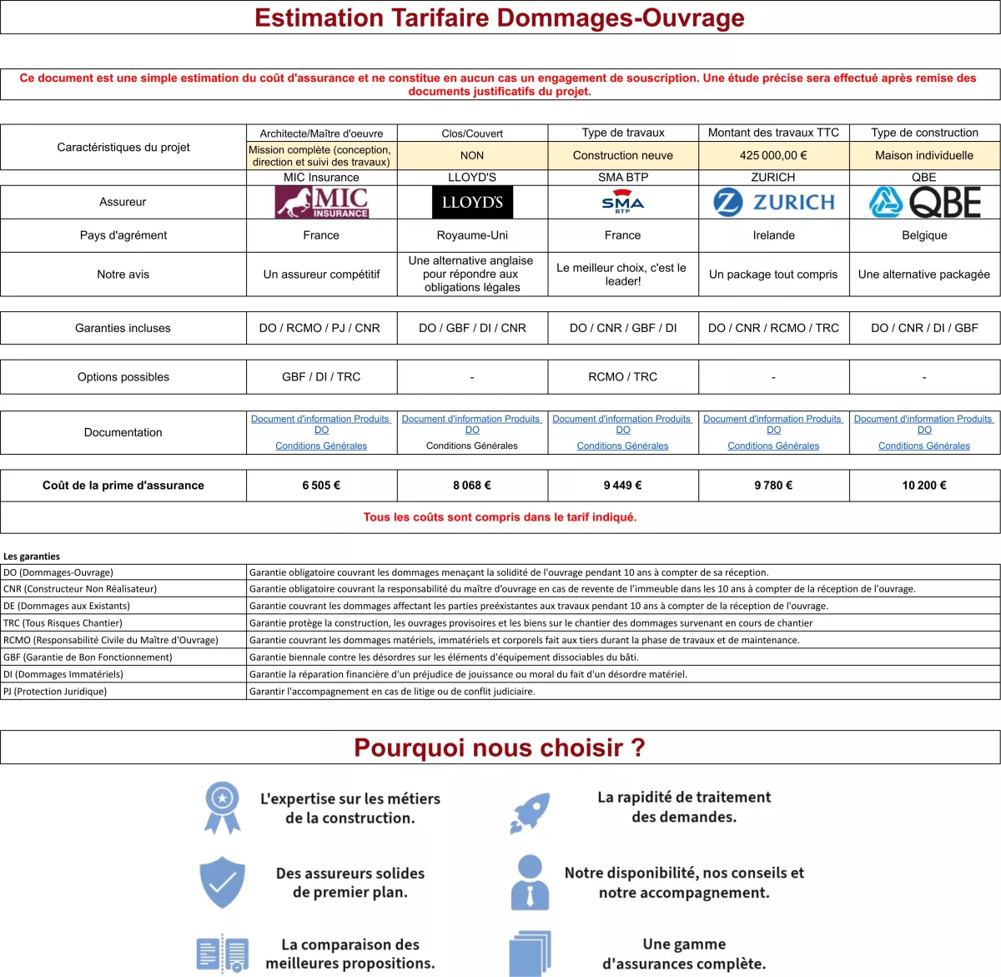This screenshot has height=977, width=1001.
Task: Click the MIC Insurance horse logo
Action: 322,202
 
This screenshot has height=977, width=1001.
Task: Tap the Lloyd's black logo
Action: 472,202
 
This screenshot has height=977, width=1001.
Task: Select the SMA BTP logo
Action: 623,203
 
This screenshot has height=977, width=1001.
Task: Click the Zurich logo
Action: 774,202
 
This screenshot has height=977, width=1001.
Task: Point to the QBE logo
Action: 924,202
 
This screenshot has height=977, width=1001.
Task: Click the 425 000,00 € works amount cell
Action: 773,155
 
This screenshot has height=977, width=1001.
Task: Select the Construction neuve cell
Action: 623,155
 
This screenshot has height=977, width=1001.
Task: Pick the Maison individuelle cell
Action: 924,155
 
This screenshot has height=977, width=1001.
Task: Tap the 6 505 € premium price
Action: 321,485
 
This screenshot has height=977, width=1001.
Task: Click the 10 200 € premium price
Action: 924,485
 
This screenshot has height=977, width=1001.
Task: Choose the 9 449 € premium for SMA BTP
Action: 623,485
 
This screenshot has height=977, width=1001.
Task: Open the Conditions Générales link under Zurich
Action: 773,446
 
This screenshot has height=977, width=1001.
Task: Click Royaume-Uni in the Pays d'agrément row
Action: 472,235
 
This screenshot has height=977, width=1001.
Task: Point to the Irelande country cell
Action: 773,235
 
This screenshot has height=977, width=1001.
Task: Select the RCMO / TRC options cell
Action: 623,377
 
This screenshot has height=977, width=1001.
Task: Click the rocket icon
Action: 530,813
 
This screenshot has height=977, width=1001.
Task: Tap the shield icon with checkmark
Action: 222,882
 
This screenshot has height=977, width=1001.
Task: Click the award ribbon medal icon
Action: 222,807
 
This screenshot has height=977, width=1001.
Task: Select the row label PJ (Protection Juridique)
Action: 55,691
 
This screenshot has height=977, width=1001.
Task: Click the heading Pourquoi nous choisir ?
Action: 500,748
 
